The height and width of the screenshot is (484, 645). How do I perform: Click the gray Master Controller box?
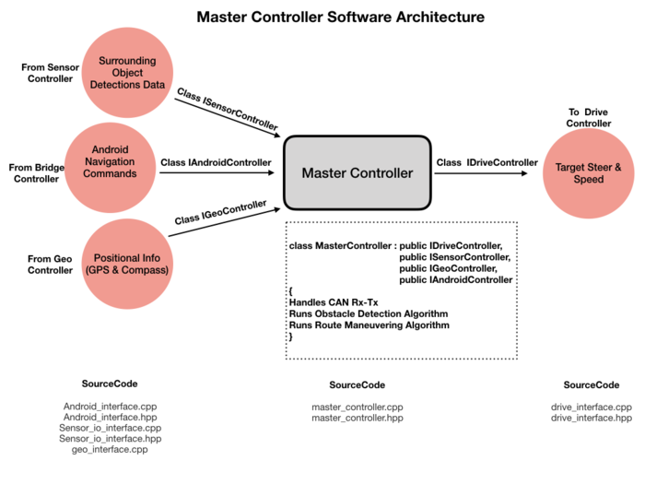coord(358,173)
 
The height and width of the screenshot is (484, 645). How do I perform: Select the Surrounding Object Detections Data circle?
coord(127,73)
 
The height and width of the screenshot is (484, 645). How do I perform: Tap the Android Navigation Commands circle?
coord(110,168)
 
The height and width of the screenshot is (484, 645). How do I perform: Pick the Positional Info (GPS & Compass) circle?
coord(127,264)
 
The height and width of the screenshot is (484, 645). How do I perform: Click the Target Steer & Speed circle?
coord(588,173)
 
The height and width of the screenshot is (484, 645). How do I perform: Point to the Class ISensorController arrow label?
coord(228,109)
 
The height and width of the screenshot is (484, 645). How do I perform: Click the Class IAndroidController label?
coord(216,162)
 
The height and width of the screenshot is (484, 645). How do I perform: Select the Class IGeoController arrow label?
coord(220,212)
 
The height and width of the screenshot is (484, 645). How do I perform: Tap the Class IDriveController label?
coord(487,162)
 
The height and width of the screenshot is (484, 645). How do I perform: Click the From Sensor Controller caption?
coord(50,73)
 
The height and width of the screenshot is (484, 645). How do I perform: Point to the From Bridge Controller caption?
coord(37,173)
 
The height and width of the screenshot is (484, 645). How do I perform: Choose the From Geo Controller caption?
coord(50,265)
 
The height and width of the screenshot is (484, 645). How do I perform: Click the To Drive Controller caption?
coord(588,118)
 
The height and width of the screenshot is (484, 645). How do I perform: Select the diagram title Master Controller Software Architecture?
coord(341,17)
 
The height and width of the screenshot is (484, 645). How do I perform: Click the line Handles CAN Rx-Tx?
coord(334,302)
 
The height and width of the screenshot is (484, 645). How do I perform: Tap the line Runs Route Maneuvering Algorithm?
coord(369,325)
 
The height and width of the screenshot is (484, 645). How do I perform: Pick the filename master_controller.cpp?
coord(358,407)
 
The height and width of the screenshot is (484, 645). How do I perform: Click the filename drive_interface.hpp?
coord(592,418)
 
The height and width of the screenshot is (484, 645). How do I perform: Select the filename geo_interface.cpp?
coord(110,450)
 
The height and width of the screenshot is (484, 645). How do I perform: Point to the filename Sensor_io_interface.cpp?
coord(110,428)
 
